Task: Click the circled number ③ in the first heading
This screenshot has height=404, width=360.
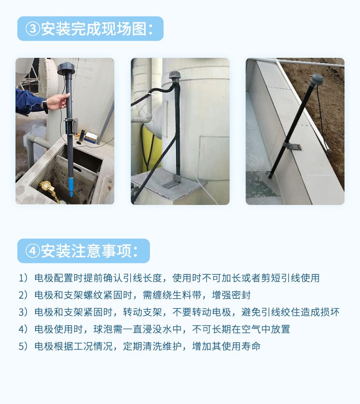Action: [x=33, y=29]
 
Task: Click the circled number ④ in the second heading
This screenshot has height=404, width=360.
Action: [x=33, y=251]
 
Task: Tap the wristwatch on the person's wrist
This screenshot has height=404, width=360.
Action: [x=46, y=106]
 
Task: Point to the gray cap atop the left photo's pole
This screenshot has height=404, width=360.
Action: [x=66, y=69]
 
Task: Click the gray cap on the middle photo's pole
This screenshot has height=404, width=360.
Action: [x=175, y=76]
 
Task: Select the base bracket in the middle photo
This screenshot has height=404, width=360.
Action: [x=173, y=182]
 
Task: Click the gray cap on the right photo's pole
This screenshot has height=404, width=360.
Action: [x=317, y=80]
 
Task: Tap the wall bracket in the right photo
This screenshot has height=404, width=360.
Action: [x=293, y=146]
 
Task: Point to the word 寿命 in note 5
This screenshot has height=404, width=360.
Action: [x=251, y=346]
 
